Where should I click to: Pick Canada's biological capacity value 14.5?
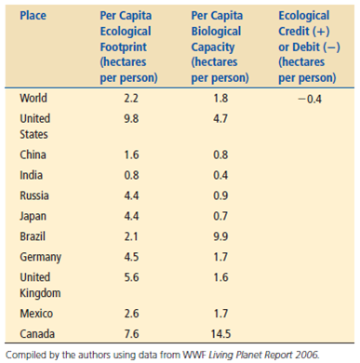[220, 333]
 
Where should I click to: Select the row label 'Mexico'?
[37, 314]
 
